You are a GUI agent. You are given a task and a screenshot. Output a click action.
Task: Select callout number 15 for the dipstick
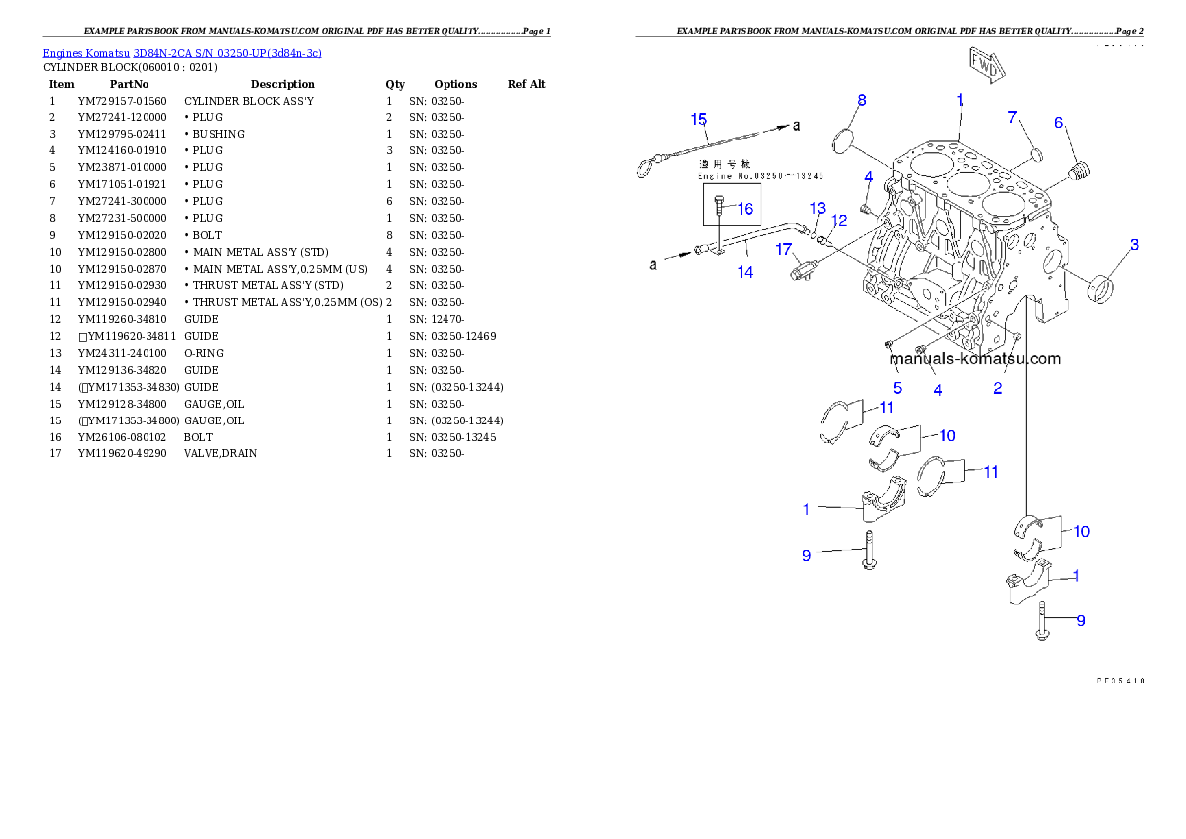(699, 119)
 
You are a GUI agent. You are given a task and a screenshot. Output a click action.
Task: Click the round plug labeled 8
(845, 139)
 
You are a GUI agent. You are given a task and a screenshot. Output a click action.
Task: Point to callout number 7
(1013, 118)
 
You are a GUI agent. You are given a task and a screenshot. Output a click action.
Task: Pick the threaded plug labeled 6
(1078, 173)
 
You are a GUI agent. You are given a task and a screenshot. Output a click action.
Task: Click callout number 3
(1134, 244)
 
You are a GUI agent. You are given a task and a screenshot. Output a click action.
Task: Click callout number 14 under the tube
(745, 271)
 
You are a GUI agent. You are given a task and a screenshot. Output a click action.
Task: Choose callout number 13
(817, 208)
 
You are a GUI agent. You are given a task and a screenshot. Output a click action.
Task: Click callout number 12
(839, 220)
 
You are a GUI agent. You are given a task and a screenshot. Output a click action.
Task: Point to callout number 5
(897, 387)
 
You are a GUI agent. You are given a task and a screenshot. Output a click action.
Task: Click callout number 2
(998, 388)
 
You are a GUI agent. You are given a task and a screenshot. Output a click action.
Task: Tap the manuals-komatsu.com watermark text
(975, 359)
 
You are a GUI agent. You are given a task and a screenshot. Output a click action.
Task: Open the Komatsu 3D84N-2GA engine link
(181, 52)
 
